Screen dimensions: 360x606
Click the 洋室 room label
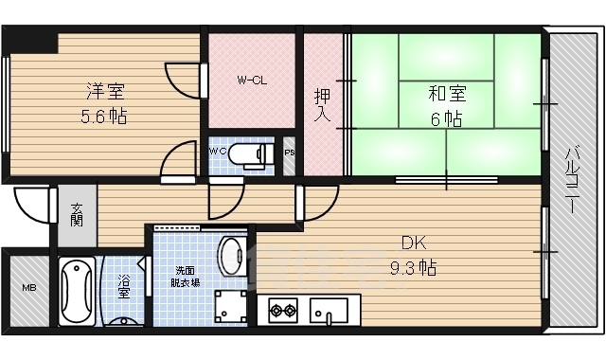106,92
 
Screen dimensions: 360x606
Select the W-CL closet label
251,80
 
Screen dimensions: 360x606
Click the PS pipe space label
289,152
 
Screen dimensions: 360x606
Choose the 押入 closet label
322,104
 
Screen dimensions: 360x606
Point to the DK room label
412,242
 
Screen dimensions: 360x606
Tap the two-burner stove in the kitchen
283,309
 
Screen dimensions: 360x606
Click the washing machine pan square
227,306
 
